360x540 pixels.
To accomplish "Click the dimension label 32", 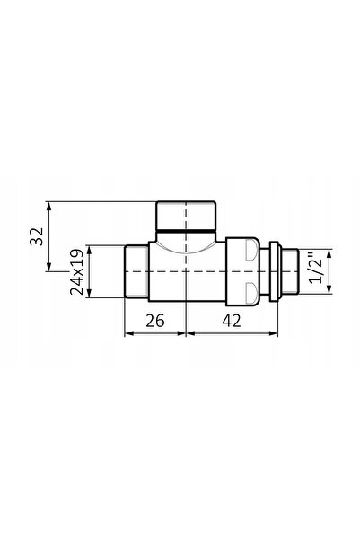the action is [37, 236].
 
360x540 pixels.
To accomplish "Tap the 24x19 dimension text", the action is [76, 271].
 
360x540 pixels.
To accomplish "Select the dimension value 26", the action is [155, 321].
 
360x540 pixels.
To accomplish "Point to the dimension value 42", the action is [232, 321].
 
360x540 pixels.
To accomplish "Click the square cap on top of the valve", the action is [186, 216].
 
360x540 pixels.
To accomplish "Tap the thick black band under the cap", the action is [186, 229].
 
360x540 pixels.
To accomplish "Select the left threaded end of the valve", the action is [136, 271].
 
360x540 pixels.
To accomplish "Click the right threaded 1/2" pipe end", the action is [290, 271].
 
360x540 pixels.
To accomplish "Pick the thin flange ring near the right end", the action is [275, 271].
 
